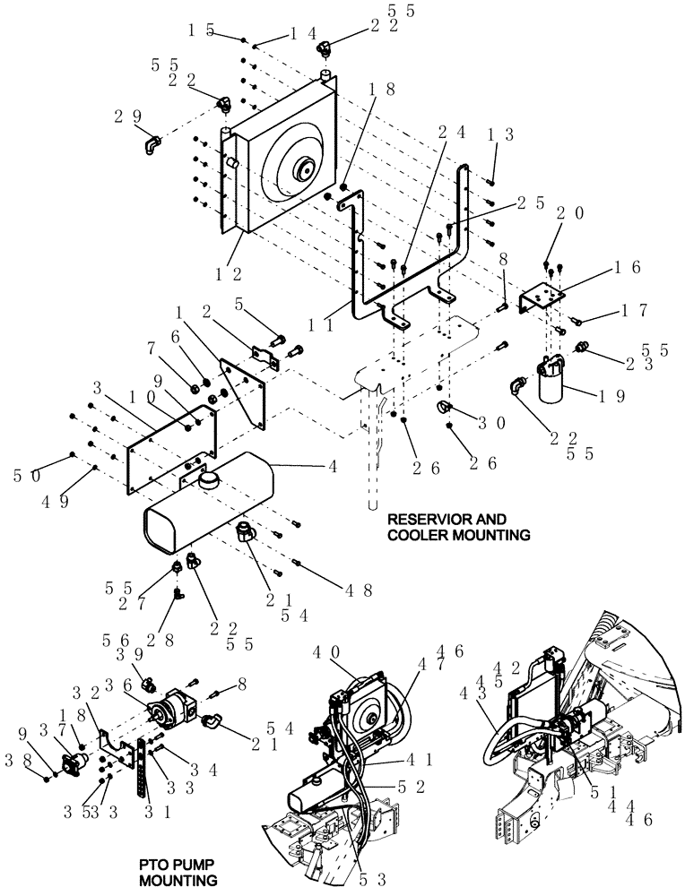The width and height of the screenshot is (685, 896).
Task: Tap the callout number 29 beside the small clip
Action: (128, 116)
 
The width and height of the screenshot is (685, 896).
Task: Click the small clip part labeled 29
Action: (151, 142)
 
